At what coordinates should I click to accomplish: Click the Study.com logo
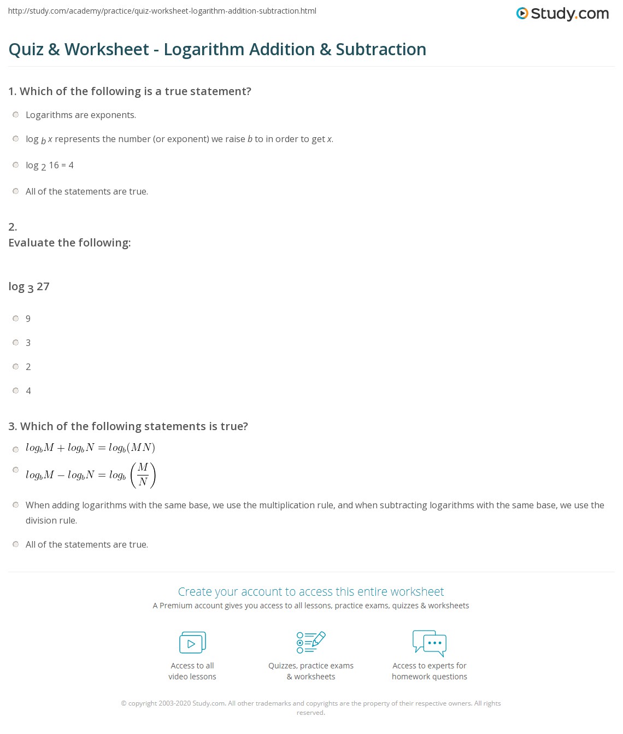pos(562,14)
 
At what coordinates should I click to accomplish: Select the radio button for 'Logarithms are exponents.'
pos(16,115)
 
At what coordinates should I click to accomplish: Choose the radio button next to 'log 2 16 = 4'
pos(16,165)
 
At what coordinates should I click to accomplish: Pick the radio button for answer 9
pos(16,319)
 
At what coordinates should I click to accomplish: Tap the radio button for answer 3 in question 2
pos(16,343)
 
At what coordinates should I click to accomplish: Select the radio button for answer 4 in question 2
pos(16,391)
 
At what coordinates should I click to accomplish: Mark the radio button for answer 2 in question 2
pos(16,367)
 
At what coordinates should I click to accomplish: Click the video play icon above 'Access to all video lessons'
pos(192,643)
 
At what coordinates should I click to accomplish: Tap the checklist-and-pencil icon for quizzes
pos(311,642)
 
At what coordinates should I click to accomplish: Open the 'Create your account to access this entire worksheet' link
pos(311,591)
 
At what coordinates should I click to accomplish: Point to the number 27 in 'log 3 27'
pos(43,286)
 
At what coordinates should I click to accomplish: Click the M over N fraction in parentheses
pos(143,474)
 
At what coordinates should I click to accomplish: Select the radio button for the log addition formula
pos(16,449)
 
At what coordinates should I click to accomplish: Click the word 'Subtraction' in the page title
pos(381,49)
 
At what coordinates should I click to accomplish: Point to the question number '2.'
pos(13,227)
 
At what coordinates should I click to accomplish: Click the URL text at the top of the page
pos(162,11)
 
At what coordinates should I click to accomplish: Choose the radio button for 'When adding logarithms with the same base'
pos(16,505)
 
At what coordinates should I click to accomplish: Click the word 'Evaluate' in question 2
pos(31,243)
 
